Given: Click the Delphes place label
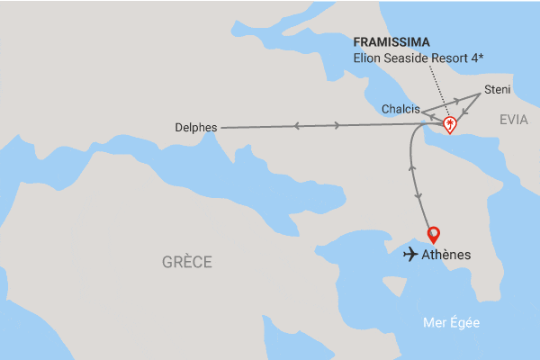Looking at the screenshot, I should (x=196, y=128).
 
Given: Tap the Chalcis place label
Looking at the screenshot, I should (x=400, y=108).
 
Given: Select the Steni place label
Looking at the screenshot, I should (x=497, y=89).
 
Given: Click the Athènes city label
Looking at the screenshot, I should (x=446, y=255).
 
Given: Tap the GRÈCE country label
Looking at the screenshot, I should (x=187, y=263).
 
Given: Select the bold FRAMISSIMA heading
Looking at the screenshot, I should (x=391, y=42).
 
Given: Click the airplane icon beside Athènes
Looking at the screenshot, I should (x=412, y=255).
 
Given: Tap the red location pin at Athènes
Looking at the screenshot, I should (x=433, y=233).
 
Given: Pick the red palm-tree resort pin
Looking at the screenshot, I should (x=449, y=125).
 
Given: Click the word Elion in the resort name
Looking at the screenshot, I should (x=369, y=59).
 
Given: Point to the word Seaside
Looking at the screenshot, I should (x=409, y=59).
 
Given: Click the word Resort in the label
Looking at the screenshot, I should (x=455, y=59).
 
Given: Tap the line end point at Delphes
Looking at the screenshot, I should (x=220, y=128).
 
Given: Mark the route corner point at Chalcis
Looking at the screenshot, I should (x=423, y=112).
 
